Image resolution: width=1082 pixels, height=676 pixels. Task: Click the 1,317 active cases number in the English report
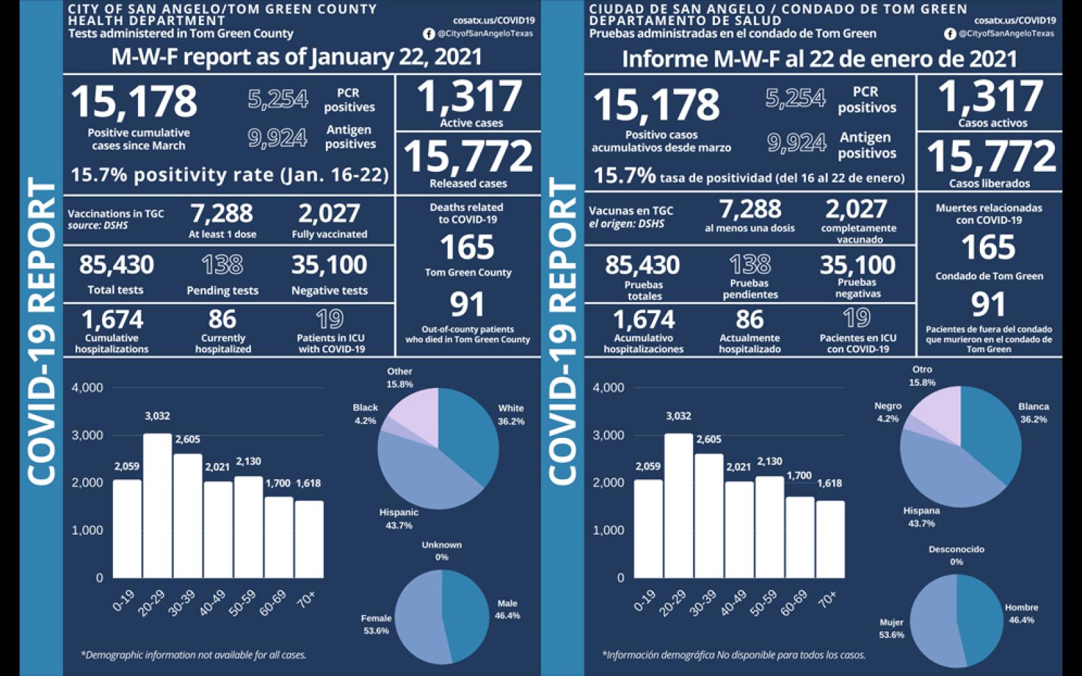click(469, 97)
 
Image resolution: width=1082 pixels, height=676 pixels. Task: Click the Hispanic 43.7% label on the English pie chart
click(398, 518)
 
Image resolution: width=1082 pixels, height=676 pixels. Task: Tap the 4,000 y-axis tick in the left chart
click(87, 387)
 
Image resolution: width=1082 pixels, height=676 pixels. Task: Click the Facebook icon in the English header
click(429, 34)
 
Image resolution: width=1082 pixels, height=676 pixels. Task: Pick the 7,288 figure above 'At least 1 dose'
click(222, 214)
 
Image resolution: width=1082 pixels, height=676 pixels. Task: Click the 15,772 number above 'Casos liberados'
click(991, 156)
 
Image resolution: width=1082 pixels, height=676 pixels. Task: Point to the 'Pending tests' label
click(222, 291)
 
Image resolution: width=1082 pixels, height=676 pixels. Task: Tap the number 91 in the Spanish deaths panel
click(988, 305)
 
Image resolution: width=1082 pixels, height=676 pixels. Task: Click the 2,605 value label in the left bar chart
click(187, 439)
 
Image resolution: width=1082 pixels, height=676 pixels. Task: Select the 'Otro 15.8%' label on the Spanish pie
click(922, 376)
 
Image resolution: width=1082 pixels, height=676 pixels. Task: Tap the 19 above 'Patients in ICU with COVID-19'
click(330, 318)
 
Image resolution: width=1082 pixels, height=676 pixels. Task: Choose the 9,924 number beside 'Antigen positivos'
click(796, 143)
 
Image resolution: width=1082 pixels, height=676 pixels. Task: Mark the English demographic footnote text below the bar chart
click(193, 654)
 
